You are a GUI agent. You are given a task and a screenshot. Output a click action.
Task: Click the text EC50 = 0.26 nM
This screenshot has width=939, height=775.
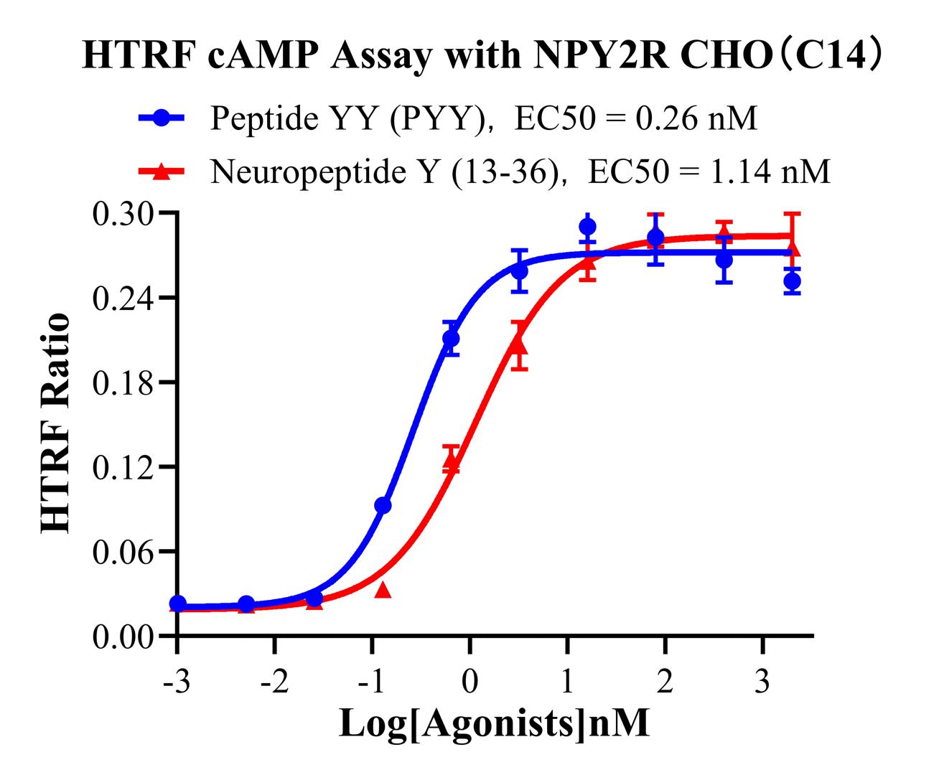(x=636, y=118)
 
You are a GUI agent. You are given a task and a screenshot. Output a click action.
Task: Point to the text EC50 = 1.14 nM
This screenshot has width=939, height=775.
(x=709, y=172)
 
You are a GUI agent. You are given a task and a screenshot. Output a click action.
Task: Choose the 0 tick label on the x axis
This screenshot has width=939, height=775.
(x=469, y=680)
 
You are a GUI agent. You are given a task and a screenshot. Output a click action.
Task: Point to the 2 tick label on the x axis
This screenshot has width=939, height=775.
(x=665, y=680)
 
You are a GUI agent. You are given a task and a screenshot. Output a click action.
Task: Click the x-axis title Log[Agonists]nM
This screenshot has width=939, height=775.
(x=494, y=723)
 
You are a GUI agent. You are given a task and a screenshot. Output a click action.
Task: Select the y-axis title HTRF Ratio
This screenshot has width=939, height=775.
(x=56, y=423)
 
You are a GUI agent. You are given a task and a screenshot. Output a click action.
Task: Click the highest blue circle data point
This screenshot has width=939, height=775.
(x=588, y=227)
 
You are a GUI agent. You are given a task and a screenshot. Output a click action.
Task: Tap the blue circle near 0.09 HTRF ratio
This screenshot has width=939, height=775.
(x=383, y=506)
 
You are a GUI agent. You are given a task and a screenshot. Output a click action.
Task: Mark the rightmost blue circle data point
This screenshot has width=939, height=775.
(x=792, y=281)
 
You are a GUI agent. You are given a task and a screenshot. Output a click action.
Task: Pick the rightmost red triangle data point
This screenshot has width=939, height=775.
(x=792, y=248)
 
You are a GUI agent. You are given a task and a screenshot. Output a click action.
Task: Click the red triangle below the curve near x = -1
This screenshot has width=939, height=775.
(x=383, y=591)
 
